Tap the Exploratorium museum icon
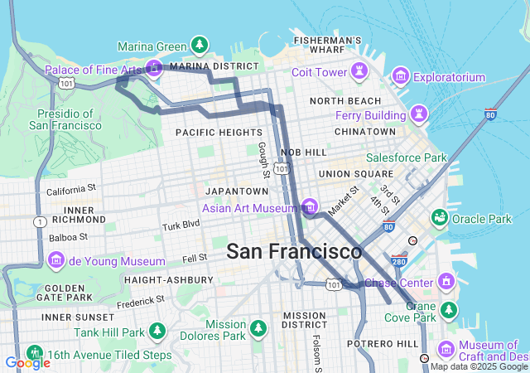tap(401, 77)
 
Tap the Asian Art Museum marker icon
tap(309, 206)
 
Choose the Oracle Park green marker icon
tap(439, 217)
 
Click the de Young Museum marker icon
tap(57, 260)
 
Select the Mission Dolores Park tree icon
tap(258, 329)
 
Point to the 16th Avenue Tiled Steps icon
tap(33, 353)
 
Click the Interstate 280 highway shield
tap(398, 261)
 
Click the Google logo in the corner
tap(27, 362)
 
